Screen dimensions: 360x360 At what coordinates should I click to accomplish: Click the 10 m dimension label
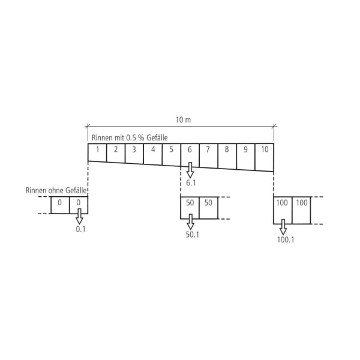click(183, 120)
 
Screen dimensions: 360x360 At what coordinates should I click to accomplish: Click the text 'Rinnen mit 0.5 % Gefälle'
click(129, 139)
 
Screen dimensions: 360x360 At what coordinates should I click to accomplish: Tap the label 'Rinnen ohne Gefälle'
click(56, 190)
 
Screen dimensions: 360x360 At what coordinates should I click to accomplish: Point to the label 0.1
click(80, 229)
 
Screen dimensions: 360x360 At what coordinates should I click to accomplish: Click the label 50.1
click(192, 235)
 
